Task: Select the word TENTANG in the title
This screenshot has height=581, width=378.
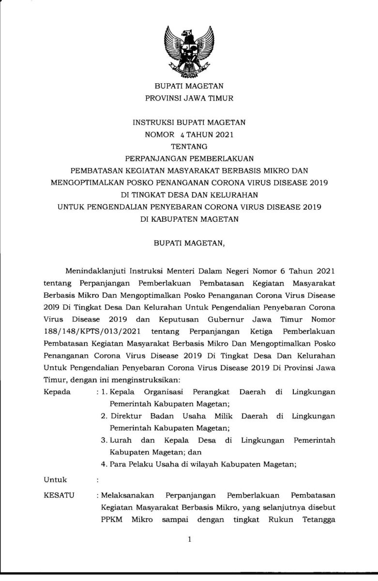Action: (x=189, y=146)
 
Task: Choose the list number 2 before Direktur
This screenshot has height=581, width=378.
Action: (x=103, y=416)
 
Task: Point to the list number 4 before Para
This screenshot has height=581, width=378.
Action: (x=104, y=464)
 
